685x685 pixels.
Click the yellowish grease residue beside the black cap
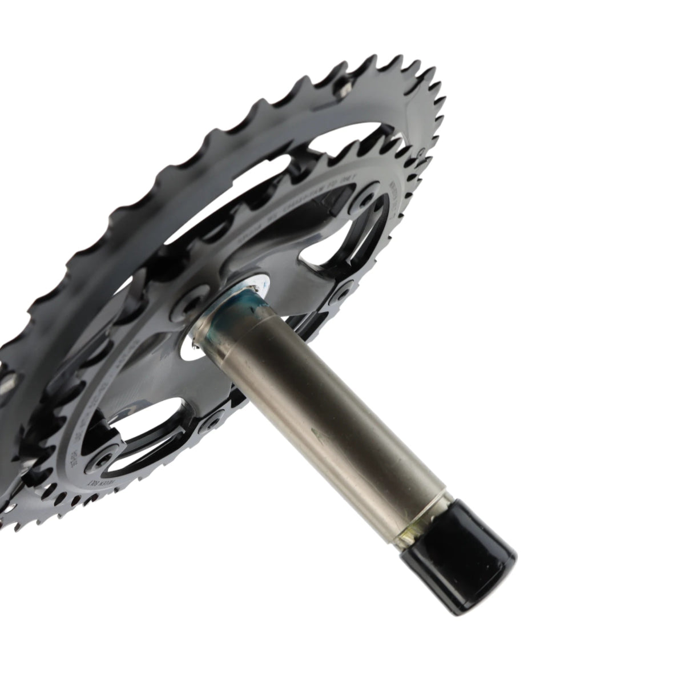tap(409, 534)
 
